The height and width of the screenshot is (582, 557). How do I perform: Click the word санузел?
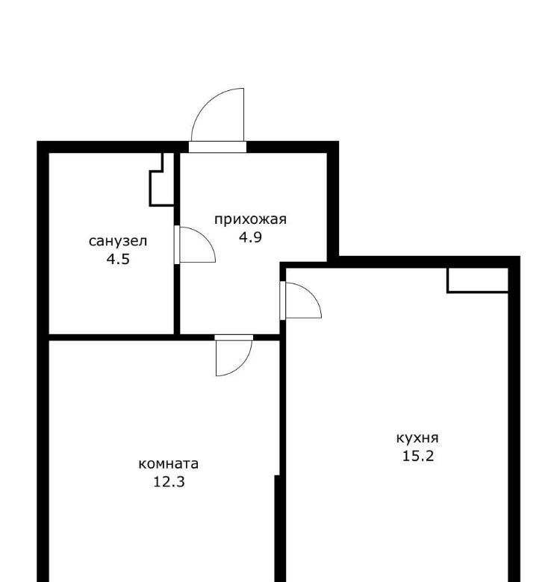click(x=118, y=241)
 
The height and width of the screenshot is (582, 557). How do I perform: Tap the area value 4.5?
click(x=118, y=259)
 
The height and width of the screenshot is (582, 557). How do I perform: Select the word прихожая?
click(x=251, y=219)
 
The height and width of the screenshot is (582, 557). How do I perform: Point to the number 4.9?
click(x=250, y=237)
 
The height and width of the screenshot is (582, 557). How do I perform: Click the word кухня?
click(x=418, y=438)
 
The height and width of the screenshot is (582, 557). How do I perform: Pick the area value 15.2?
click(x=418, y=456)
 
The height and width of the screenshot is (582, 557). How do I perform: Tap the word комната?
click(x=169, y=464)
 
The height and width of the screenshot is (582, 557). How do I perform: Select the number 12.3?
click(x=169, y=482)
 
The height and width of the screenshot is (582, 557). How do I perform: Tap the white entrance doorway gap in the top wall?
click(x=217, y=147)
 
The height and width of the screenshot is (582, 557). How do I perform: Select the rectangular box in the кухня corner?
click(x=478, y=281)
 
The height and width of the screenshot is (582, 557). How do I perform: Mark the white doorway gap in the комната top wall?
click(x=234, y=337)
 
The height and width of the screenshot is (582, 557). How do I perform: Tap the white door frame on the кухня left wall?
click(x=282, y=300)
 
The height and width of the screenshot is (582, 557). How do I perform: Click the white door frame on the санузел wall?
click(x=177, y=245)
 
